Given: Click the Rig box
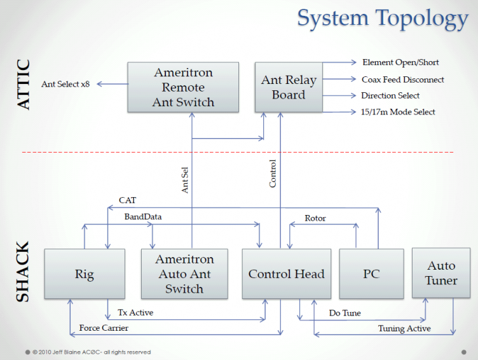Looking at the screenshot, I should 84,274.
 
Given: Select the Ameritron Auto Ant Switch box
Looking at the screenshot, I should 184,274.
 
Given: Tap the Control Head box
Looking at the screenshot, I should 286,274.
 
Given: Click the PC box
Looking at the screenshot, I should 371,274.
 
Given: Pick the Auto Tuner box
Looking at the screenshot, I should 442,273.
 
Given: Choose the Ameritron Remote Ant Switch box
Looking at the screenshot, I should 183,87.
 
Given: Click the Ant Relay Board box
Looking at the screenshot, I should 289,87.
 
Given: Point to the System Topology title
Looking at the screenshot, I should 383,18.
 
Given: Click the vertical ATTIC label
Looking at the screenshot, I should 24,85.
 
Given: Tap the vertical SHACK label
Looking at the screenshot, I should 22,271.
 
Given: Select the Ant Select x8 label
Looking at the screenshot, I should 65,84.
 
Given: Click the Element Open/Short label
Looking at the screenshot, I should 400,62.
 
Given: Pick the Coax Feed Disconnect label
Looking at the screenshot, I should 403,80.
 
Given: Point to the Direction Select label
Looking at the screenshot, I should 390,95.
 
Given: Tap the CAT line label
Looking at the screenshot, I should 127,200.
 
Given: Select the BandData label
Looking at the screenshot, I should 142,217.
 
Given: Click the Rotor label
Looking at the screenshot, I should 315,218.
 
